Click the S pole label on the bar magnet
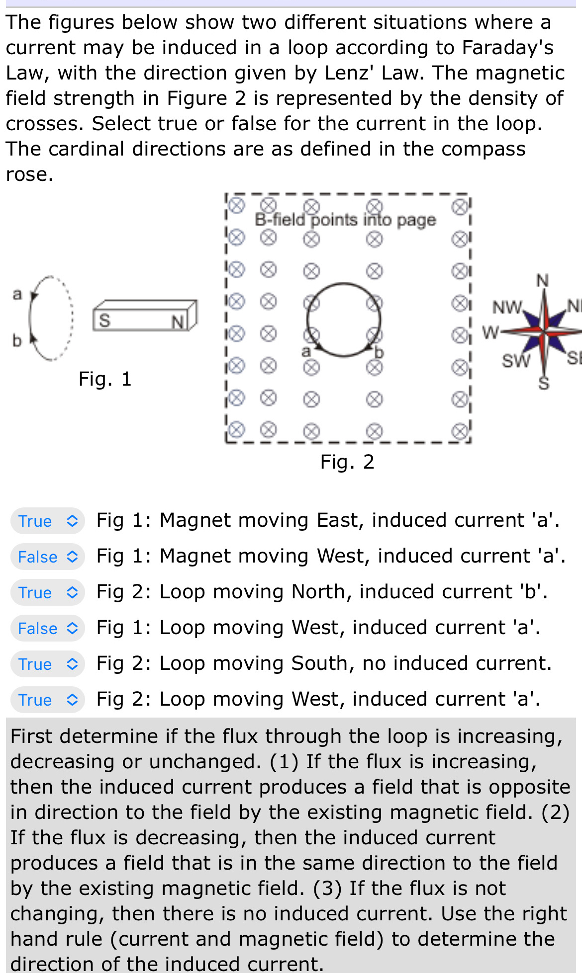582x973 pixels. coord(104,320)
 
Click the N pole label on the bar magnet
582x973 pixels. coord(178,323)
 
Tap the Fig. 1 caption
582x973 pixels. coord(105,379)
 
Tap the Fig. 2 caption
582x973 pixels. coord(347,462)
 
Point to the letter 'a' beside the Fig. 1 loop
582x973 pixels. coord(17,294)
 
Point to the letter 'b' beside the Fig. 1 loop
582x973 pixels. coord(17,340)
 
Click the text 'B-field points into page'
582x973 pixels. coord(345,220)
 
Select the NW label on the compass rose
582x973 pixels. coord(507,307)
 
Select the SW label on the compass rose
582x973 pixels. coord(516,360)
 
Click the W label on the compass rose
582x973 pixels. coord(490,332)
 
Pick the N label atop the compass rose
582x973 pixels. coord(543,281)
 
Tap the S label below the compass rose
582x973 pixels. coord(544,383)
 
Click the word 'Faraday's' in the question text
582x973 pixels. coord(507,48)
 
